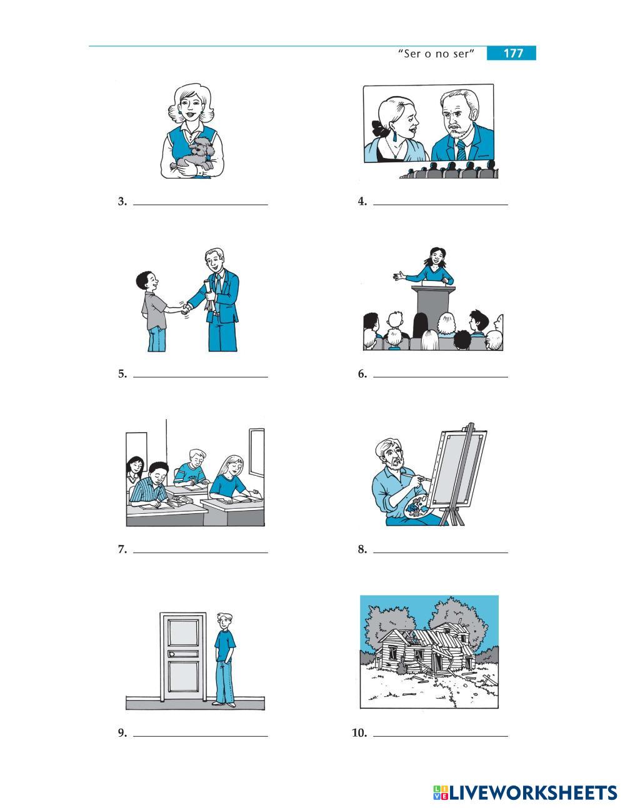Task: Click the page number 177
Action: (513, 53)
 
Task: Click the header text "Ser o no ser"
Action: (436, 54)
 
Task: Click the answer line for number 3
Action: (201, 205)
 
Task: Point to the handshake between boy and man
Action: (185, 309)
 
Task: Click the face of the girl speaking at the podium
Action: (435, 257)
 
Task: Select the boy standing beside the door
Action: (225, 659)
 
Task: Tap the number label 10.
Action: (360, 732)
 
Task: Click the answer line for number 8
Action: (441, 553)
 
